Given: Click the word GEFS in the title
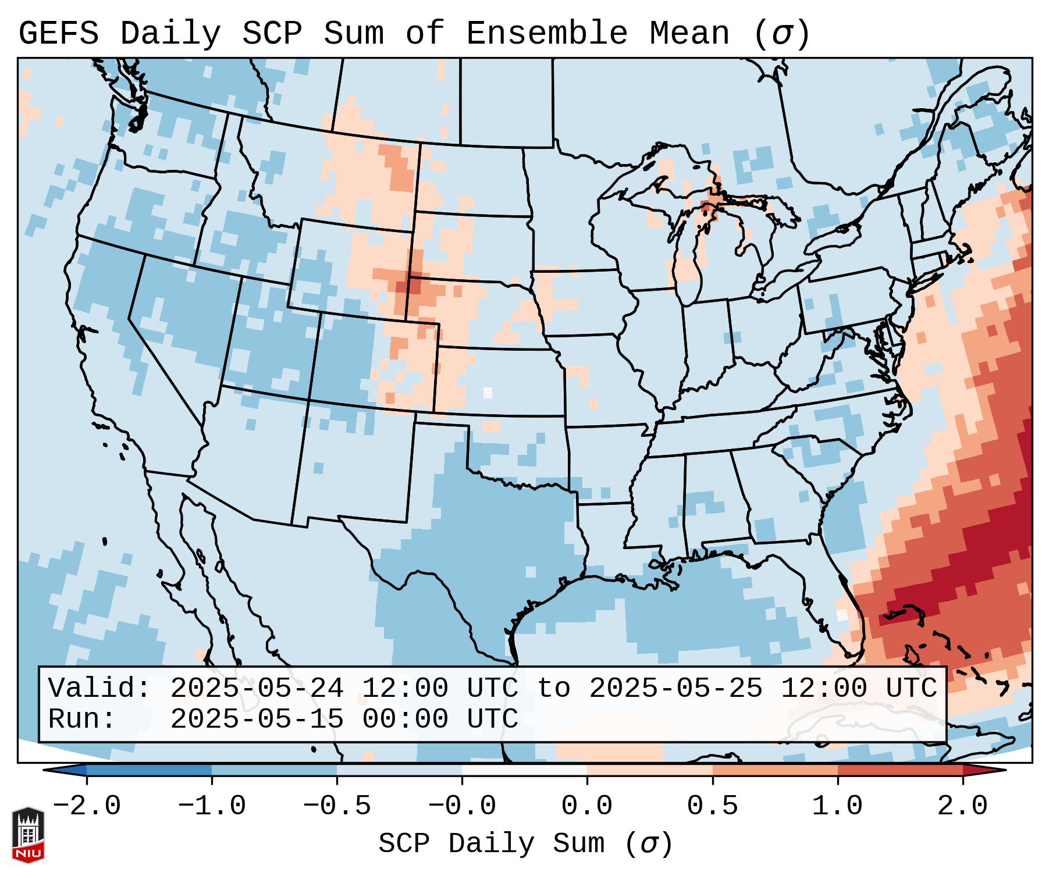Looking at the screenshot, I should pyautogui.click(x=58, y=34).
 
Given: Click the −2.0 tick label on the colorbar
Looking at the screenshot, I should pyautogui.click(x=87, y=806).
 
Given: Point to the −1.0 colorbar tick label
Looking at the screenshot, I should pyautogui.click(x=212, y=806).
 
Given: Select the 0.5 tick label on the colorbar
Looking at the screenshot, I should pyautogui.click(x=713, y=806).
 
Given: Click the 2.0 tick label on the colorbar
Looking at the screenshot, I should pyautogui.click(x=963, y=806).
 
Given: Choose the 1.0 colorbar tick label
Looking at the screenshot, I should pyautogui.click(x=838, y=806).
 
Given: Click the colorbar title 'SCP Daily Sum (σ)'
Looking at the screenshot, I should pyautogui.click(x=525, y=843).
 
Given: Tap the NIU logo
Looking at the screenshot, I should pyautogui.click(x=28, y=835).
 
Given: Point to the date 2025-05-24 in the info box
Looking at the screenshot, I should pyautogui.click(x=257, y=689).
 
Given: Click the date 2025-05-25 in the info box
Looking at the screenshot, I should pyautogui.click(x=675, y=689).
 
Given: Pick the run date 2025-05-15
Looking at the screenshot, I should pyautogui.click(x=257, y=720).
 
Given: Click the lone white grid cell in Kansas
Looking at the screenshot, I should pyautogui.click(x=488, y=393).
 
